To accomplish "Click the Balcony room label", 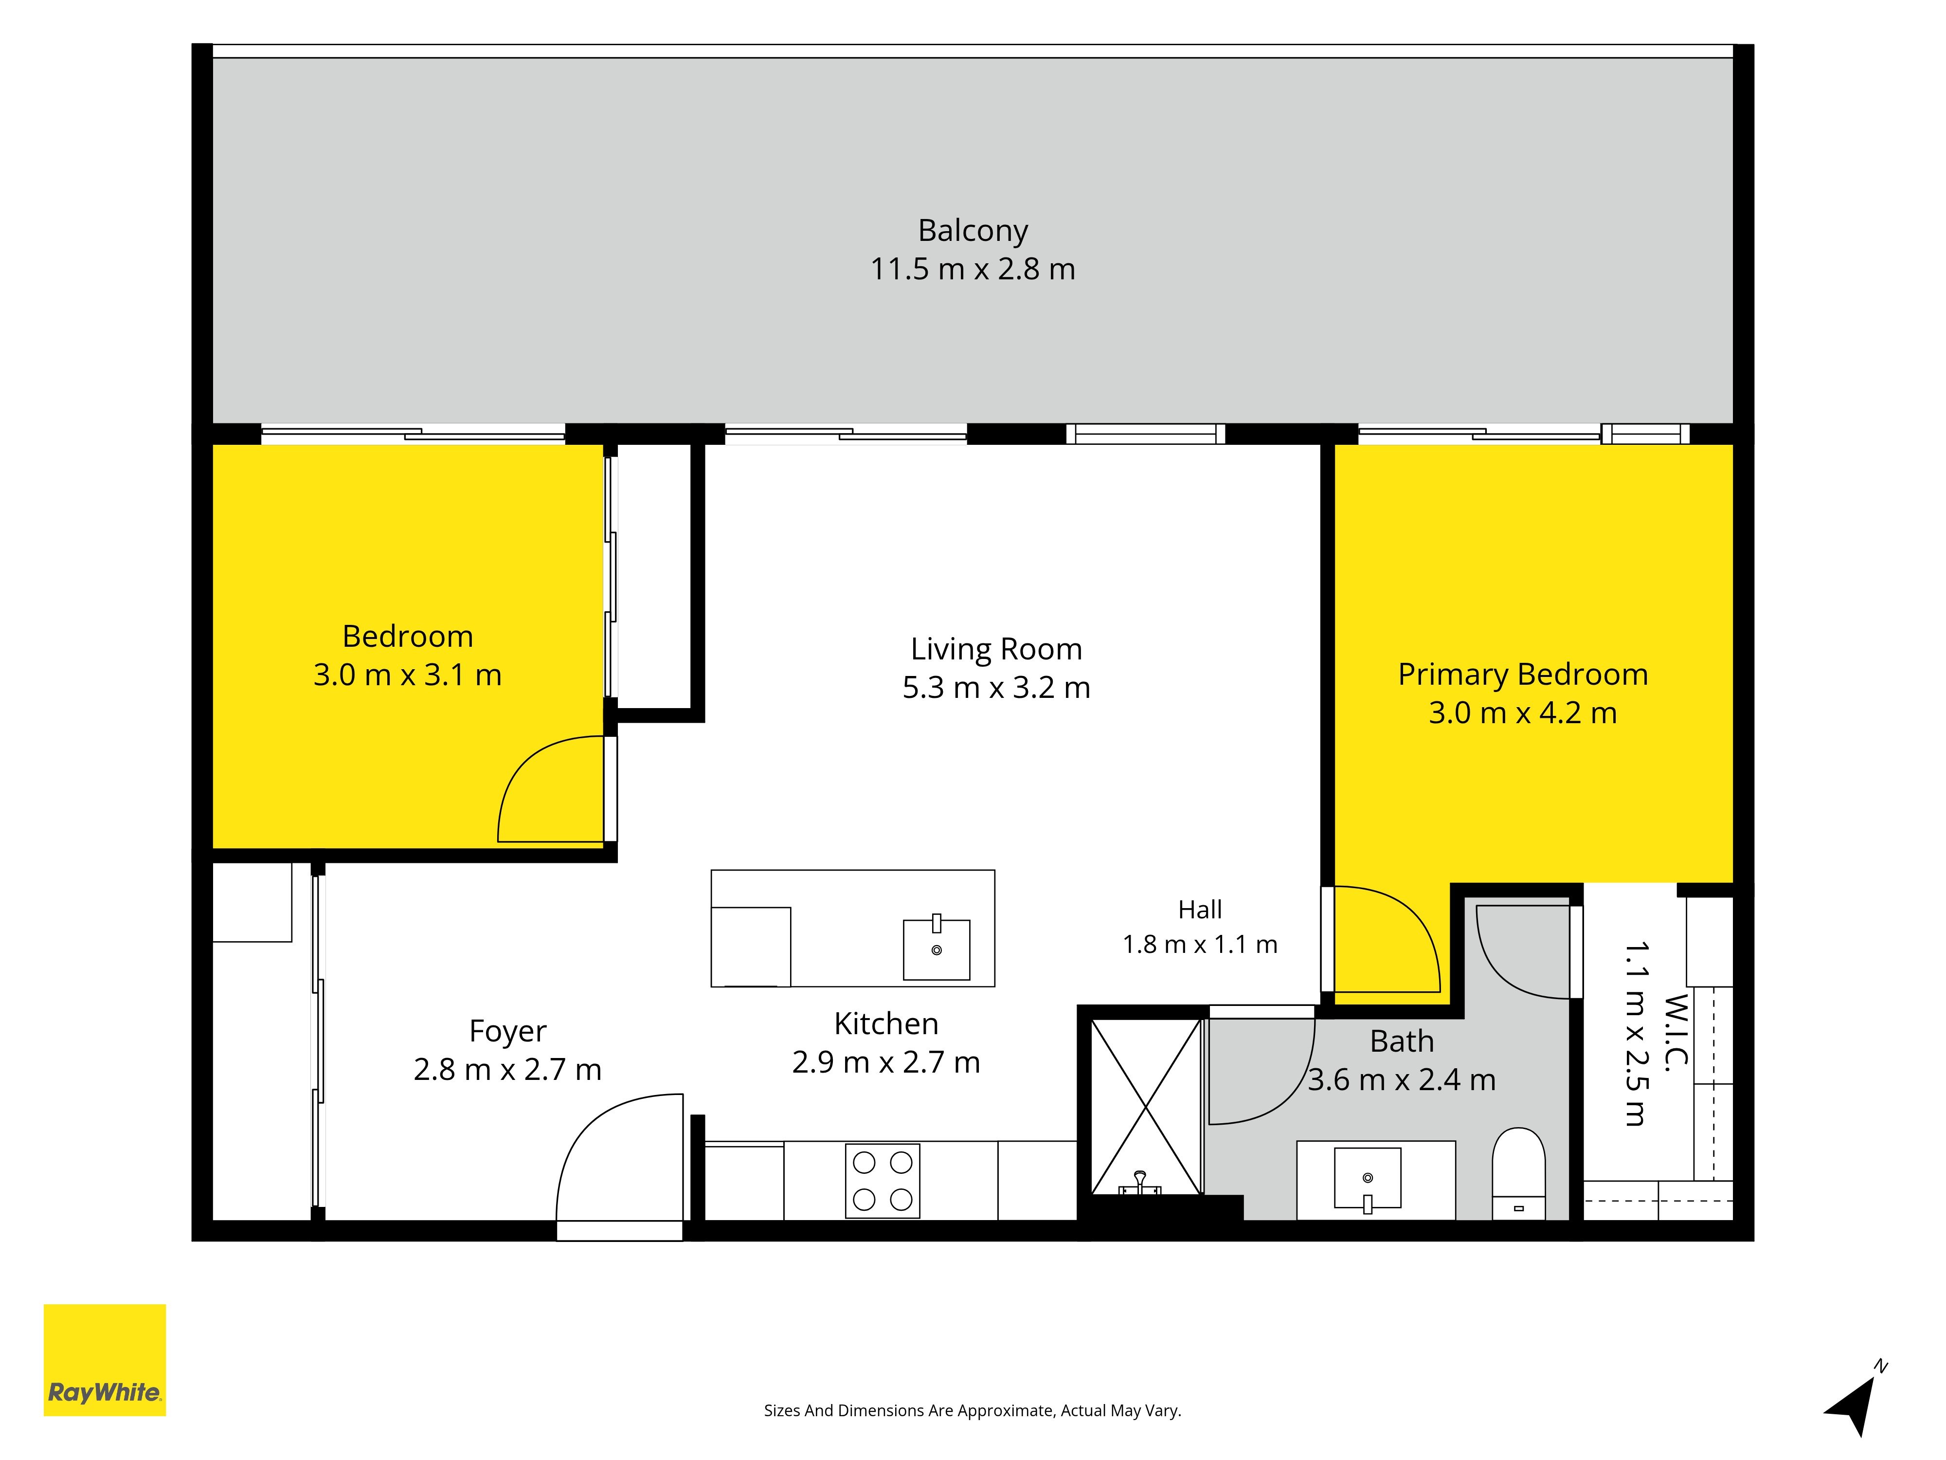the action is [972, 231].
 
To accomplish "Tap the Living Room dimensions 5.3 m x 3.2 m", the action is [996, 687].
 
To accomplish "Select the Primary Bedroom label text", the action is [1523, 674].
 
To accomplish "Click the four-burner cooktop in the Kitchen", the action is [883, 1181].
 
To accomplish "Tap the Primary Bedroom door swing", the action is [1387, 939].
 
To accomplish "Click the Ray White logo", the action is [105, 1360].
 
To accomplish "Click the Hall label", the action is [1200, 909].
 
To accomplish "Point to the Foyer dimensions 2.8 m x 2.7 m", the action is [507, 1069].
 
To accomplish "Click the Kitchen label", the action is [886, 1023].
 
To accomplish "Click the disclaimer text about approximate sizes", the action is [972, 1411].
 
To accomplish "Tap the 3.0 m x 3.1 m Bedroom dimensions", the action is [407, 675].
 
